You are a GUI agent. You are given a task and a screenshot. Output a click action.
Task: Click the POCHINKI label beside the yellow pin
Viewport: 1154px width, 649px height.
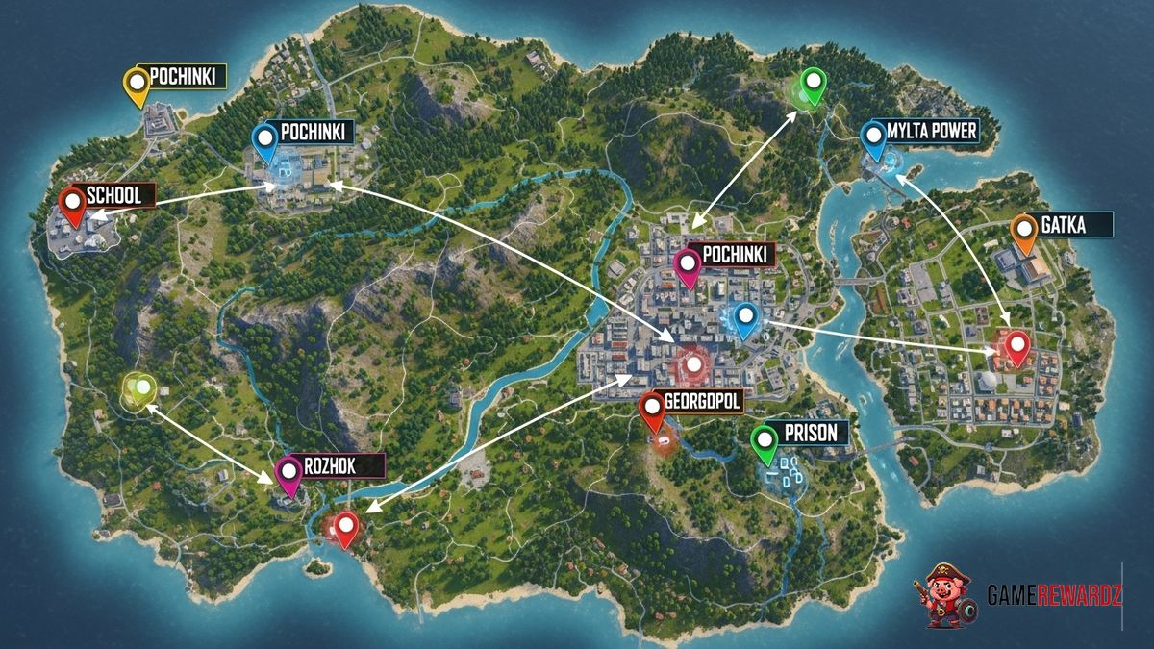(x=187, y=76)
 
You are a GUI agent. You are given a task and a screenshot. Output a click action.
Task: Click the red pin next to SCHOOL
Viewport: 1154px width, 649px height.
(x=72, y=206)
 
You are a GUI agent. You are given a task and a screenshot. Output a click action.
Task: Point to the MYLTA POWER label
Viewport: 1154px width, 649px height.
(x=931, y=131)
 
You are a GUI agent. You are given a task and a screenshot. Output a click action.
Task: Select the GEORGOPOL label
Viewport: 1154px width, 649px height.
(x=702, y=402)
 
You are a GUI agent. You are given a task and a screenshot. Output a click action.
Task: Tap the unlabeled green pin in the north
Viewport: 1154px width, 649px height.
(x=814, y=87)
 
